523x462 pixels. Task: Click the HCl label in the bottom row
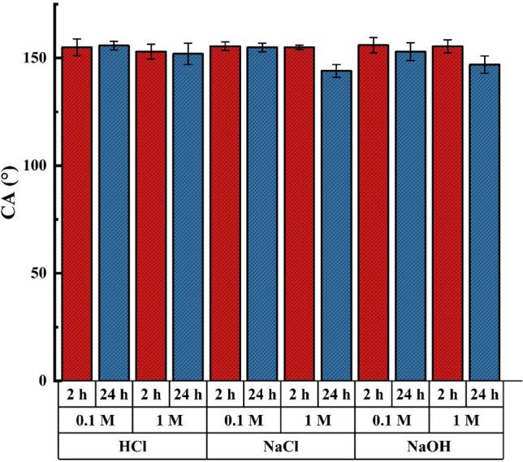point(132,446)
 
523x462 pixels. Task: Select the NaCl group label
point(281,446)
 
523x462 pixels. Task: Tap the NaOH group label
point(429,446)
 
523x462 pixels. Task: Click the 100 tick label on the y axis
point(36,166)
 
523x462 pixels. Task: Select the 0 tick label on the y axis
point(45,380)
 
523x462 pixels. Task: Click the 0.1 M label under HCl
point(96,421)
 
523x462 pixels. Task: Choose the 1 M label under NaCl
point(318,421)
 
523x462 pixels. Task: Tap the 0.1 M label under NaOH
point(392,421)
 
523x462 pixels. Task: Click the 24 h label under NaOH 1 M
point(485,395)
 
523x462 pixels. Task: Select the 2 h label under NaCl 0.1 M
point(226,395)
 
